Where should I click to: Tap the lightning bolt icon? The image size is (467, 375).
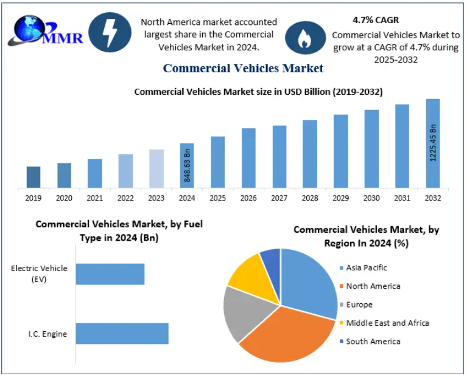[x=110, y=32]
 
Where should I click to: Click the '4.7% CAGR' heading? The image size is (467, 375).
[x=376, y=20]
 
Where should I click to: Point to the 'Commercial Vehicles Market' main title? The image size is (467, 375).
[x=243, y=68]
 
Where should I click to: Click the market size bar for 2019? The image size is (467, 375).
[x=33, y=177]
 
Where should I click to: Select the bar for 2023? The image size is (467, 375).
[x=156, y=168]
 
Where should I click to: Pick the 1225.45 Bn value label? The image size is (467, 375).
[x=434, y=143]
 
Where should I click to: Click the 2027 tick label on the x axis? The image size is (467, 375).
[x=279, y=198]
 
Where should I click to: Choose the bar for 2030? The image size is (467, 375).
[x=371, y=148]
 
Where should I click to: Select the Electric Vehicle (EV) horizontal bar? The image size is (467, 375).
[x=110, y=274]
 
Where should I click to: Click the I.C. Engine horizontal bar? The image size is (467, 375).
[x=122, y=334]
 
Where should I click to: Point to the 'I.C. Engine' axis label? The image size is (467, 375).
[x=47, y=334]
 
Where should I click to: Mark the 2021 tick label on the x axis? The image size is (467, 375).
[x=95, y=198]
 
